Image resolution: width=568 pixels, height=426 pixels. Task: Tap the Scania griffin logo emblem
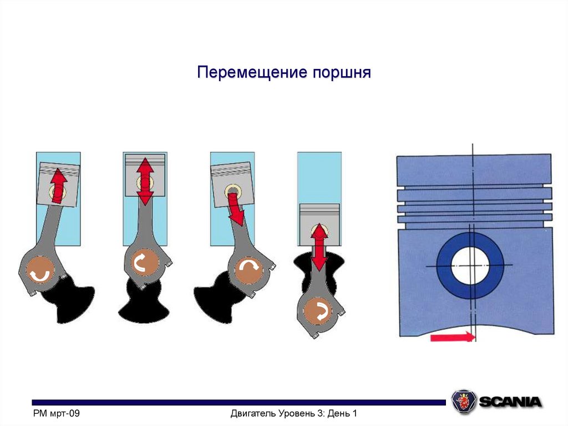463,401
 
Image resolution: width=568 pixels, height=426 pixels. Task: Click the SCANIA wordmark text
510,401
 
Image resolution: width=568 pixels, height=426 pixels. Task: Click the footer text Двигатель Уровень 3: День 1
293,413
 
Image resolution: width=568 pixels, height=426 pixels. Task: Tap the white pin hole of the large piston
470,265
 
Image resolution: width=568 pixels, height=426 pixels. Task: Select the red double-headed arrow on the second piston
145,181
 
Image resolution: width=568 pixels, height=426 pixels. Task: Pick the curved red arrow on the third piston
235,209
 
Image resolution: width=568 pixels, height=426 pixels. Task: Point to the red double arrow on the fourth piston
319,247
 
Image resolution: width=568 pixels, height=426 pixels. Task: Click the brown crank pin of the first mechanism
39,272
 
